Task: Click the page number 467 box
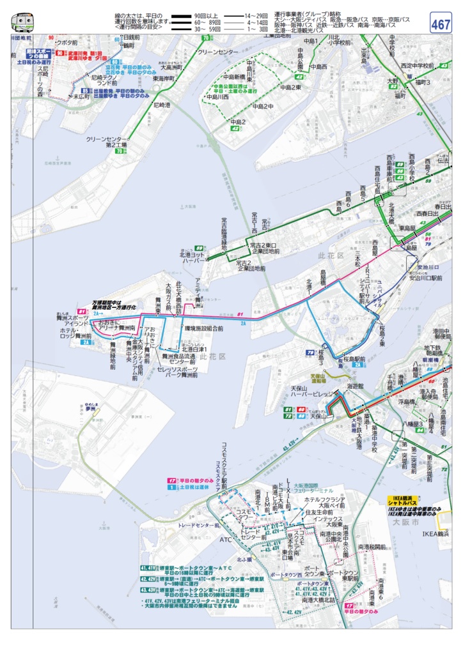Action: point(440,24)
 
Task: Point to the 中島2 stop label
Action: point(237,121)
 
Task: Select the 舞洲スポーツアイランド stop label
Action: point(72,319)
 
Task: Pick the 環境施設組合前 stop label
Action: point(203,328)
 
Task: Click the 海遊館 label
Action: point(355,386)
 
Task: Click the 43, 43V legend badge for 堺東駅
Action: point(148,590)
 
